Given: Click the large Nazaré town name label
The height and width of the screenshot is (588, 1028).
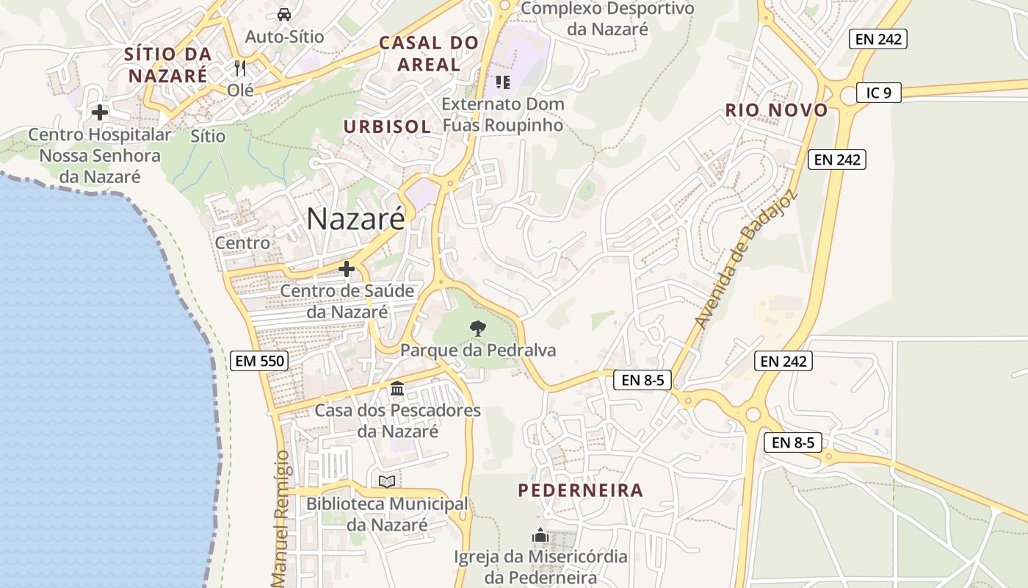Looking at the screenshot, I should pos(355,218).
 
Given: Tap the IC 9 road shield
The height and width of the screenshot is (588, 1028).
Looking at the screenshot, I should pos(878,93).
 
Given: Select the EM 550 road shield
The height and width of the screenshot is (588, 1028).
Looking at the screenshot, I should pos(259,361).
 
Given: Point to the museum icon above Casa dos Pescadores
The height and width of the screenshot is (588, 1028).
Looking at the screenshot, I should pos(397,388).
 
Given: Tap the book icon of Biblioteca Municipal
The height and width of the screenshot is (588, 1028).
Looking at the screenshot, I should pos(387,482).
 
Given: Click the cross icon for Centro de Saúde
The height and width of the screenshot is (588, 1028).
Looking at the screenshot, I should pos(347,269).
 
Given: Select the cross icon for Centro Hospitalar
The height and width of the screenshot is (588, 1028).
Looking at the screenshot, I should pos(100,112).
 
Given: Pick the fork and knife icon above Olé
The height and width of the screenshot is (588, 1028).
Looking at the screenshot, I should pos(240,68).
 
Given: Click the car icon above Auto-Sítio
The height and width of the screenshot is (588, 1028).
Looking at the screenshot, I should pos(284,14).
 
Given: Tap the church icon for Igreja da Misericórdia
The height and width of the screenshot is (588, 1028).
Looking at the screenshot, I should pos(540,535).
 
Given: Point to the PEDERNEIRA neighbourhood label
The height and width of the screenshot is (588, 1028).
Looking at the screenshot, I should pos(580,490).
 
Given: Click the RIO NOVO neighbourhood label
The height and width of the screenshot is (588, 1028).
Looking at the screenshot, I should pos(777,111).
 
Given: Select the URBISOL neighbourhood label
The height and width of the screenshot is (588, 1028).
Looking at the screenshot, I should pos(387,126).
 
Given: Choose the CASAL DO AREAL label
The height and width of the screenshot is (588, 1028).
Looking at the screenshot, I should pos(429,54).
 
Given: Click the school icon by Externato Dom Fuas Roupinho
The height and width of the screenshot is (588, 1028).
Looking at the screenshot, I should pos(503,82).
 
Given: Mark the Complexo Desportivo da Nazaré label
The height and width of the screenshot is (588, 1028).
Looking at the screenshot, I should pos(607,19).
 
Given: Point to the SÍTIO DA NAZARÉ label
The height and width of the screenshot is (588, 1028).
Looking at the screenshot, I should pos(168,65).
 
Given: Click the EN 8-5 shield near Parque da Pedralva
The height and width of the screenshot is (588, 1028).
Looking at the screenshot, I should pos(642,380).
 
